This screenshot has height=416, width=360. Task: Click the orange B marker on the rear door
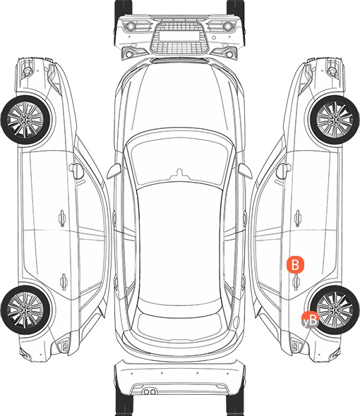[x=295, y=264]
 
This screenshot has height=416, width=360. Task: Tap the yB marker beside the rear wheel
[x=310, y=320]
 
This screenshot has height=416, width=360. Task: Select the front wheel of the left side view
[x=25, y=120]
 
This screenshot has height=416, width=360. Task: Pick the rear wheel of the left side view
[x=25, y=310]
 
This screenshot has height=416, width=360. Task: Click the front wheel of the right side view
[x=335, y=120]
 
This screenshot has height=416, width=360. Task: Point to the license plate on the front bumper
[x=179, y=35]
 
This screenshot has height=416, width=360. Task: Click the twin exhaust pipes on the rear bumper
[x=150, y=391]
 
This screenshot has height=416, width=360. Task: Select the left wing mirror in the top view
[x=114, y=171]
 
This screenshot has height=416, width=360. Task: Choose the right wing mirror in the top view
[x=245, y=171]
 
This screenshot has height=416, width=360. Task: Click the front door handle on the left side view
[x=62, y=218]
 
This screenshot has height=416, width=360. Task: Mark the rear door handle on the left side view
[x=64, y=281]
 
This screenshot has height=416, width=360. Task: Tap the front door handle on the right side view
[x=298, y=218]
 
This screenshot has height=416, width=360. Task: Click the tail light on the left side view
[x=64, y=345]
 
